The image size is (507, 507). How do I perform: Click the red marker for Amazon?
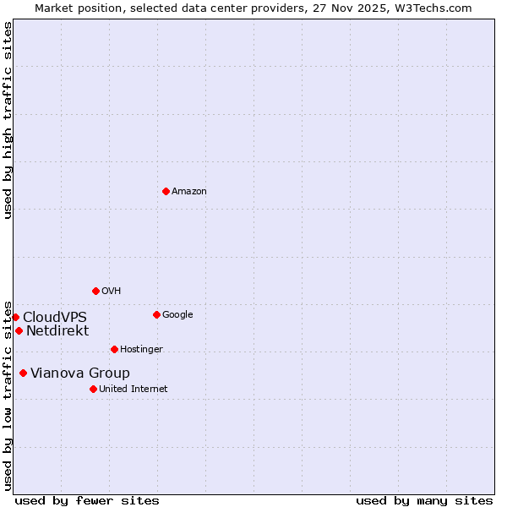[166, 191]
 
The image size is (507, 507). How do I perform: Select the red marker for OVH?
[95, 291]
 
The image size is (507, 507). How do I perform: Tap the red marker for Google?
[156, 314]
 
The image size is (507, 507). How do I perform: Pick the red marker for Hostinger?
[114, 349]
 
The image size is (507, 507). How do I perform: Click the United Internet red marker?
[93, 389]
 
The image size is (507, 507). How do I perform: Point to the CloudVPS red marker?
[15, 317]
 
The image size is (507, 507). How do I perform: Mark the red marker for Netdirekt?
[19, 330]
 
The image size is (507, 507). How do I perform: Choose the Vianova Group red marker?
[23, 373]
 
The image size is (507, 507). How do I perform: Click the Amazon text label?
[189, 192]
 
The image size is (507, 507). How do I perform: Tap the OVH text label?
[112, 292]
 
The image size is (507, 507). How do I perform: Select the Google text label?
[177, 315]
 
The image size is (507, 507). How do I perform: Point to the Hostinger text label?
[141, 350]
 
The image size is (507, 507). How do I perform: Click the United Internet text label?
[134, 390]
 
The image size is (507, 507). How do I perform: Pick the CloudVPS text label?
[55, 317]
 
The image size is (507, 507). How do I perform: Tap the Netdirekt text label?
[57, 330]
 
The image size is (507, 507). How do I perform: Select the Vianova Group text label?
[80, 373]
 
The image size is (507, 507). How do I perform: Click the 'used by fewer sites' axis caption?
[87, 500]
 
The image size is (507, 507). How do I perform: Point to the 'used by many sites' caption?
[424, 500]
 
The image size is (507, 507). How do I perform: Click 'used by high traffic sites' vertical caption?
[8, 120]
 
